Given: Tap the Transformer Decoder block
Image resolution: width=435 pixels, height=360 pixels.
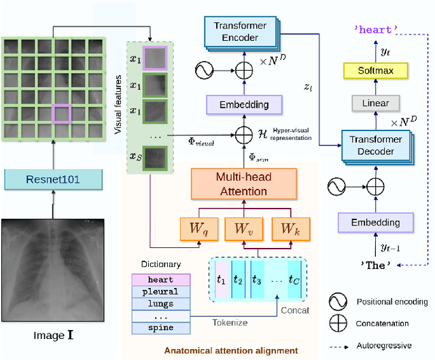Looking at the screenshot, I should (375, 145).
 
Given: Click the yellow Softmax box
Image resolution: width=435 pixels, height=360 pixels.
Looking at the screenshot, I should (375, 71).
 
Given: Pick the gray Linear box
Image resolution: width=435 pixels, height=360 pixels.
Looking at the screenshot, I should (375, 103).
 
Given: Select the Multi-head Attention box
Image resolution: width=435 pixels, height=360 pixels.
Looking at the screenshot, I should (243, 183).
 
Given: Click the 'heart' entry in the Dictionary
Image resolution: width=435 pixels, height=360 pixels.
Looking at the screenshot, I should (160, 279).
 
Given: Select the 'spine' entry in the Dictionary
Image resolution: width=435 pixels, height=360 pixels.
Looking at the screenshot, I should (160, 327).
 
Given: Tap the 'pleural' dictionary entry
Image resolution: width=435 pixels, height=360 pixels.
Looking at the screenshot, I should (160, 291).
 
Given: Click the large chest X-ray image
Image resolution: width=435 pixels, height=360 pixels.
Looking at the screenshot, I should (52, 270).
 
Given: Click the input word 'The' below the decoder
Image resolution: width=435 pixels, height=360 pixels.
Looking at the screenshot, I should (375, 266).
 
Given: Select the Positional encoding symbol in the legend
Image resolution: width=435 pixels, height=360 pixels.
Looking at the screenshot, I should (334, 302).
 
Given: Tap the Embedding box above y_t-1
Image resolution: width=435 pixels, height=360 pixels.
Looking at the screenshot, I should (375, 222).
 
